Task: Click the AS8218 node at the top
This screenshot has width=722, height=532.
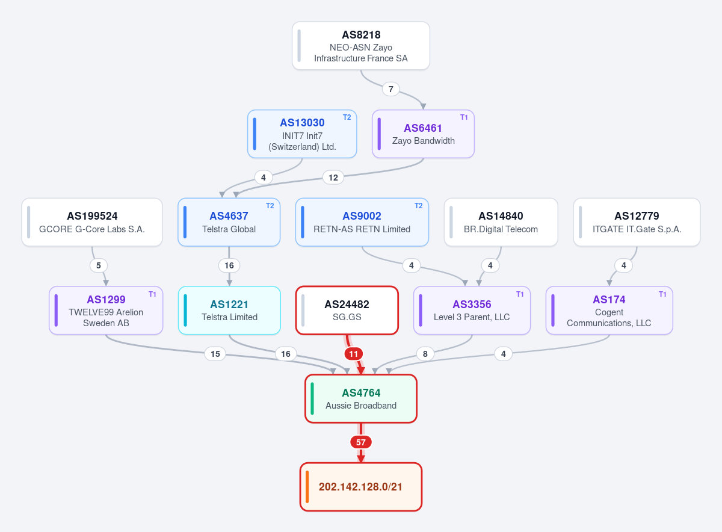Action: (x=360, y=46)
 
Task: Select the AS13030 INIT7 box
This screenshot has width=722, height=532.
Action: (x=302, y=134)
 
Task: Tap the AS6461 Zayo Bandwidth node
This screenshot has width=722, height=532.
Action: (x=423, y=134)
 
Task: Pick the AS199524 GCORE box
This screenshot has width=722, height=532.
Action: (x=92, y=222)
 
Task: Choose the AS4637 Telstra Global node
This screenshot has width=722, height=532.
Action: (x=229, y=222)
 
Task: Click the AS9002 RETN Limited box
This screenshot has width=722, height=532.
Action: (x=362, y=222)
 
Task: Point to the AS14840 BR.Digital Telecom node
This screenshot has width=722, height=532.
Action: (x=501, y=222)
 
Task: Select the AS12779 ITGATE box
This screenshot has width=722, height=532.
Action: (x=637, y=222)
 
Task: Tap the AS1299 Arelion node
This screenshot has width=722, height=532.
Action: (x=106, y=310)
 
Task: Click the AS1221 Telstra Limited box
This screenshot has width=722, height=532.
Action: (x=229, y=310)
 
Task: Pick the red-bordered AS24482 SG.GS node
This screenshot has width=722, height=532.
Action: (x=347, y=310)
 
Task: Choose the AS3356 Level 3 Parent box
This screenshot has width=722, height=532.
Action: (x=472, y=310)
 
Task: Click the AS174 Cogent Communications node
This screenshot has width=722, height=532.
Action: (x=609, y=310)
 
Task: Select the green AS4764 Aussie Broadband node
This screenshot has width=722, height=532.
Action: (x=360, y=398)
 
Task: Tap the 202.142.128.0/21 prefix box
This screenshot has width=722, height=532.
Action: (x=360, y=487)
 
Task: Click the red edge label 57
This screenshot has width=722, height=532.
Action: (x=360, y=442)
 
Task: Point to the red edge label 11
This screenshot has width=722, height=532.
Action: (x=354, y=354)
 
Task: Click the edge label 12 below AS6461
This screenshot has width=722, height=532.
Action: (x=333, y=178)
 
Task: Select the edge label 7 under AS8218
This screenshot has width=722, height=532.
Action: (x=390, y=89)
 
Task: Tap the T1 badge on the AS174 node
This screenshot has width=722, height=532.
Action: (x=662, y=294)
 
